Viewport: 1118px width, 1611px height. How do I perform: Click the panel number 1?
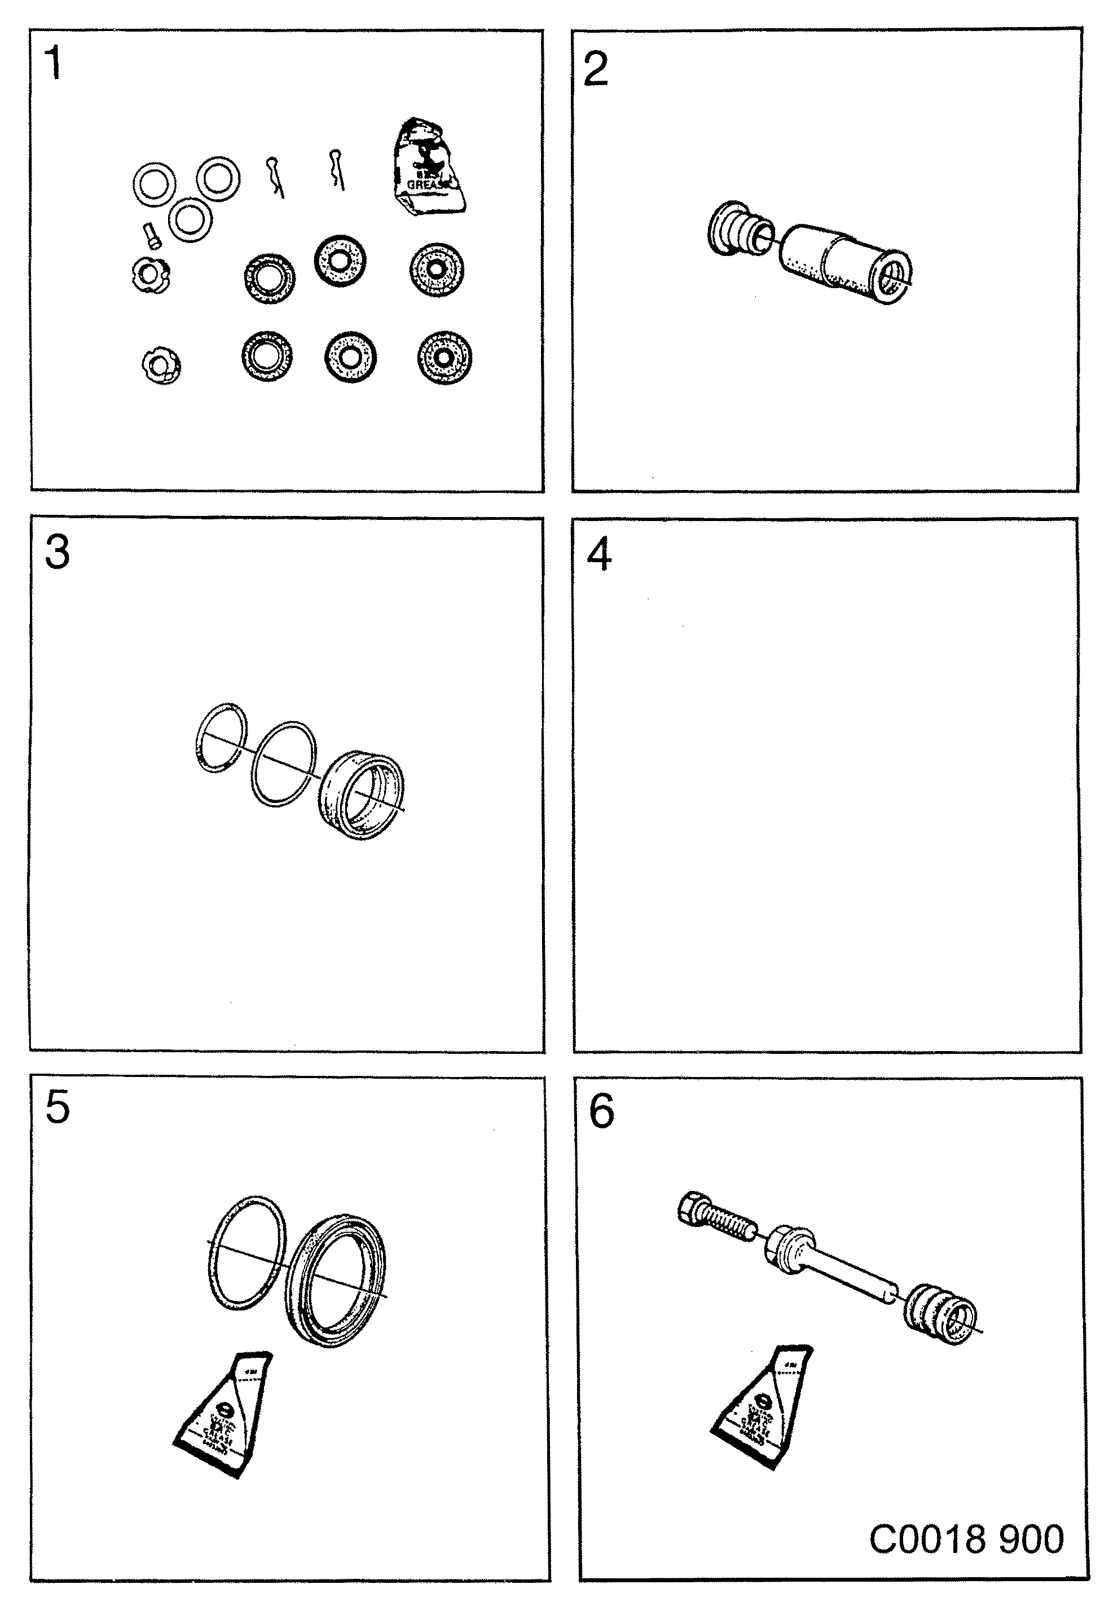tap(53, 64)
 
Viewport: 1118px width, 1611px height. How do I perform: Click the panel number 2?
tap(596, 69)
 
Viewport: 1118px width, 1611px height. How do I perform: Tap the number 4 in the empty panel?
tap(599, 555)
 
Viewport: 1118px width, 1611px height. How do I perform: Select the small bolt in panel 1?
tap(152, 234)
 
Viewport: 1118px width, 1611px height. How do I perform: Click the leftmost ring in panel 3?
tap(221, 737)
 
